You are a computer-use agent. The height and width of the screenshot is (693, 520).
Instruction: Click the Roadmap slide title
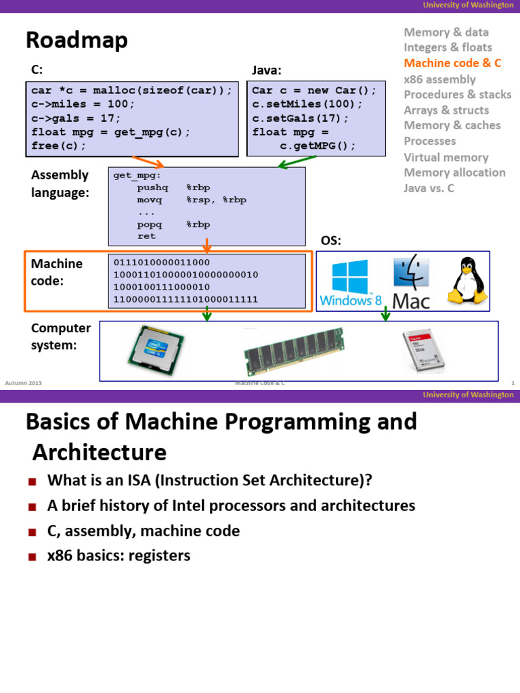point(77,41)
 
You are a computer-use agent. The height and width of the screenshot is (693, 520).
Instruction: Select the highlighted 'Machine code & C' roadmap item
point(452,63)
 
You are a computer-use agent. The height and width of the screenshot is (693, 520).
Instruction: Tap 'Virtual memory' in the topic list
point(446,157)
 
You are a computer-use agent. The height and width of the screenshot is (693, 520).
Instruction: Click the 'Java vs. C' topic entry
point(429,188)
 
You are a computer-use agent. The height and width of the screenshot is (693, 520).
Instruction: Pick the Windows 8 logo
point(351,283)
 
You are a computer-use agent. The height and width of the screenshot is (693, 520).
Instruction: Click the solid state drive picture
point(425,351)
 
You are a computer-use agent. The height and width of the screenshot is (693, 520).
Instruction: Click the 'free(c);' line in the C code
point(59,146)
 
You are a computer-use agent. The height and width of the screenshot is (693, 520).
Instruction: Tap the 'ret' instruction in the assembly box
point(146,236)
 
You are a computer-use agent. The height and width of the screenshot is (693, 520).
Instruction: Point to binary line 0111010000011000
point(162,263)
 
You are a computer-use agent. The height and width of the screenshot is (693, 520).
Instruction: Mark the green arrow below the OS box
point(385,313)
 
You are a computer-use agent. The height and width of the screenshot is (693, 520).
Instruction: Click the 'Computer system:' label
point(60,336)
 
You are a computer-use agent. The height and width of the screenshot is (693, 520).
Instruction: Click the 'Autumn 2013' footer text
point(23,383)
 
